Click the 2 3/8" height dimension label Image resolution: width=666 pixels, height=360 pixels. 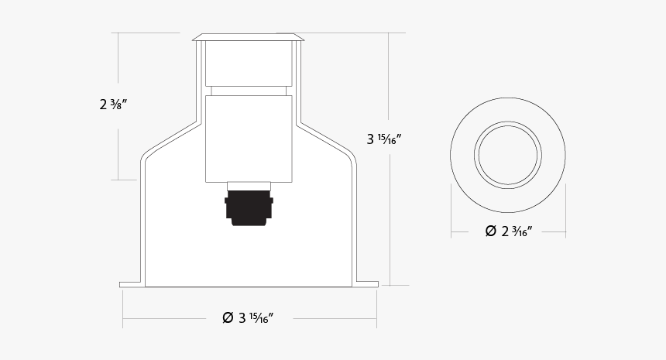click(x=113, y=105)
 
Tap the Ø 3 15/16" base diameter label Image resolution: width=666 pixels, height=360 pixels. click(x=248, y=317)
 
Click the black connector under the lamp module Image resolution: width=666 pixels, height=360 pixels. click(x=249, y=207)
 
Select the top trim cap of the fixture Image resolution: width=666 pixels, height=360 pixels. click(x=249, y=36)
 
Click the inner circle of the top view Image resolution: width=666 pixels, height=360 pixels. click(x=508, y=153)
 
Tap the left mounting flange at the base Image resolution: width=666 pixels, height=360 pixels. click(x=132, y=284)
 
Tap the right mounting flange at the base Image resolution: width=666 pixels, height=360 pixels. click(x=366, y=284)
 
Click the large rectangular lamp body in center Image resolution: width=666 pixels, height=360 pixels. click(x=249, y=138)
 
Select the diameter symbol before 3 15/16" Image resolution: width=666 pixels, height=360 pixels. click(x=228, y=317)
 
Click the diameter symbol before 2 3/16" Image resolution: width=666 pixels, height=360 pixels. click(x=490, y=231)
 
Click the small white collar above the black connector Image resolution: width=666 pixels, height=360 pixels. click(x=249, y=186)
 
